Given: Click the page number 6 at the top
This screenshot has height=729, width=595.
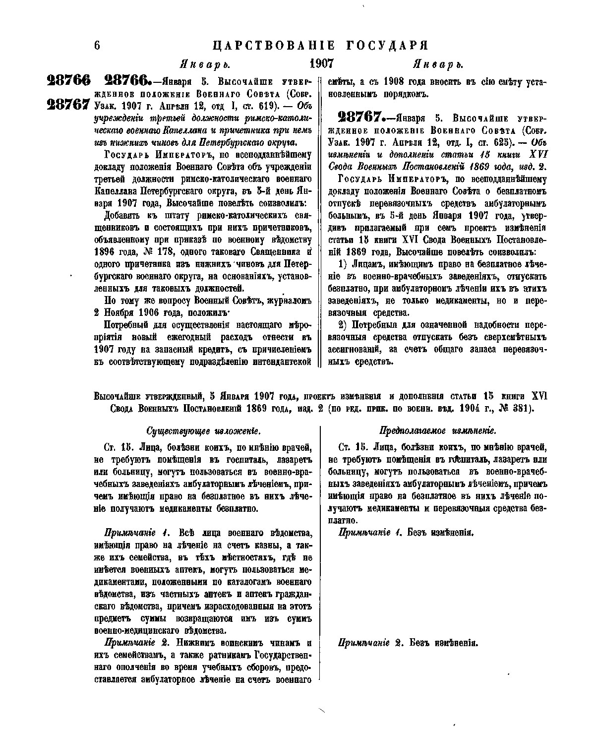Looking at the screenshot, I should pyautogui.click(x=97, y=46).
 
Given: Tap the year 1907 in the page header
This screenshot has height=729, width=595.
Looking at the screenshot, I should pyautogui.click(x=321, y=64).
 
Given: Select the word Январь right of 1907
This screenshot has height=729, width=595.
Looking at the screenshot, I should pyautogui.click(x=438, y=64).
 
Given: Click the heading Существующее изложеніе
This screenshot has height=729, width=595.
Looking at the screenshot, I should pyautogui.click(x=203, y=431).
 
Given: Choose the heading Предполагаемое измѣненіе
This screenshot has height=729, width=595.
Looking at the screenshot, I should pyautogui.click(x=438, y=431).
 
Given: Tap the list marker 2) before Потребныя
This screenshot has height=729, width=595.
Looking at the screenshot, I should pyautogui.click(x=343, y=325).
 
